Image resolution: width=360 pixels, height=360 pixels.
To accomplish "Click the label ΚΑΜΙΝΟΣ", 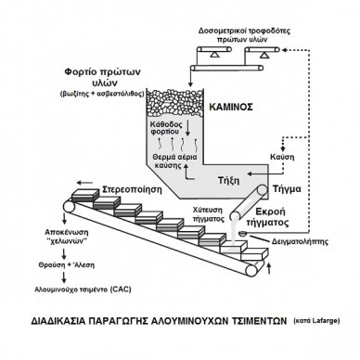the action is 231,107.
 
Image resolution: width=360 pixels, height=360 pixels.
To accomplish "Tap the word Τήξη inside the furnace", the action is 229,180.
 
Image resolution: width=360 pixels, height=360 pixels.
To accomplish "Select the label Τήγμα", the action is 287,188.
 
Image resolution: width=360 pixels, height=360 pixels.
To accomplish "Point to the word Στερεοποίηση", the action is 132,189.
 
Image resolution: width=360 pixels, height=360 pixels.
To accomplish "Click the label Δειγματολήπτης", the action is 299,241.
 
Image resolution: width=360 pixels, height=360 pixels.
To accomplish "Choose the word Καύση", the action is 282,157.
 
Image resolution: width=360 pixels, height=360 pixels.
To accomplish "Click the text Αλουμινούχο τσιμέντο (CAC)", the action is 83,289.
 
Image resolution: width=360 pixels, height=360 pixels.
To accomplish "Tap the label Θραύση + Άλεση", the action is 67,265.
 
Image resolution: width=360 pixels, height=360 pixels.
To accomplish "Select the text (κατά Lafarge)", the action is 316,321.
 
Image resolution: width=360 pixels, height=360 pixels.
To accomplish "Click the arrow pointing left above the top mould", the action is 84,182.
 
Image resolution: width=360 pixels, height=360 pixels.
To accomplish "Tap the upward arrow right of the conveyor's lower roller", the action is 268,268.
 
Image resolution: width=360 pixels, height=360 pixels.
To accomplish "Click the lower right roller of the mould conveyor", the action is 251,271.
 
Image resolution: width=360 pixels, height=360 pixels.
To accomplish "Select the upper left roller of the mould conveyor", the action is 69,206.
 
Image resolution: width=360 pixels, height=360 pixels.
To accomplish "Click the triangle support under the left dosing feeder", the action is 214,55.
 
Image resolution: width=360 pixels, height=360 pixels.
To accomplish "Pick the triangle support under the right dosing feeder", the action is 264,55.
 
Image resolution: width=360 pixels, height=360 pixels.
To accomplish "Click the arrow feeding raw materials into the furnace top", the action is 191,79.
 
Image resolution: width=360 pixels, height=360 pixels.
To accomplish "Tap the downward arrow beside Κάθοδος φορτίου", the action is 187,128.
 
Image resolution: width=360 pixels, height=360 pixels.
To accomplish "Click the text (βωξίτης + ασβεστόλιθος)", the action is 102,94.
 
